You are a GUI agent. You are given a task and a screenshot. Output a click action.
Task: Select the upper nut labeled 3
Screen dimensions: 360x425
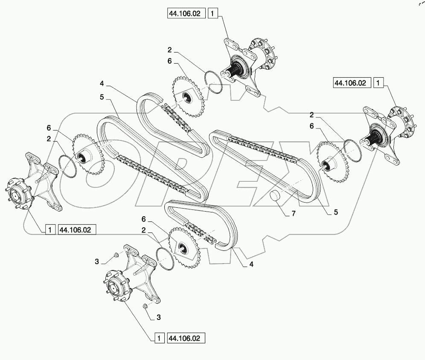coord(116,256)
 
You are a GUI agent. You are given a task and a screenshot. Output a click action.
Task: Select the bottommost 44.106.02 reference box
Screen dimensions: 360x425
coord(186,338)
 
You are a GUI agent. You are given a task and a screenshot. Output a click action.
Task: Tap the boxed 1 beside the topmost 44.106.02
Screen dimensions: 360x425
coord(213,14)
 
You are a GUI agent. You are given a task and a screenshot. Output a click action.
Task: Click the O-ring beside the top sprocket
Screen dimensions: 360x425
coord(213,81)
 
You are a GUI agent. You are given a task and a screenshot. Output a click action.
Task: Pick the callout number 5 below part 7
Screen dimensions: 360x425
coord(336,212)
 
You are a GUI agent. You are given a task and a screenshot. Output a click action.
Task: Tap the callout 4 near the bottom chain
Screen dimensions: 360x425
coord(251,264)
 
